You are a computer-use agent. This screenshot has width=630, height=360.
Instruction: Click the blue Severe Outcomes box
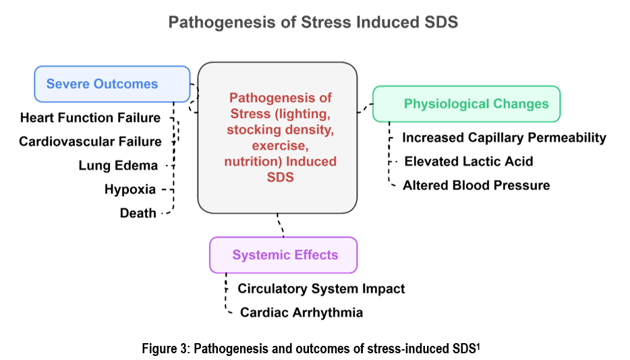(112, 84)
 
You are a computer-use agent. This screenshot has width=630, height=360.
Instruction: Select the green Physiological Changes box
(467, 104)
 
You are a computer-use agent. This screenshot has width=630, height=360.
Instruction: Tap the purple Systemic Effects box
(283, 255)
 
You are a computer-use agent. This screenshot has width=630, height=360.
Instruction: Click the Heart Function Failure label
(90, 118)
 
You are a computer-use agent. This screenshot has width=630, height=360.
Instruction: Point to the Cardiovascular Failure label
(90, 142)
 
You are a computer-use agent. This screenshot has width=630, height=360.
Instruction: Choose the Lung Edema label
(118, 166)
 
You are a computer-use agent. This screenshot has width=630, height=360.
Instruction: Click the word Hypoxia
(130, 189)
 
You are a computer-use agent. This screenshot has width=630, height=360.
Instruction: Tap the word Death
(138, 213)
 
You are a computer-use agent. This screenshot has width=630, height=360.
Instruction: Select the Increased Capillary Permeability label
(505, 138)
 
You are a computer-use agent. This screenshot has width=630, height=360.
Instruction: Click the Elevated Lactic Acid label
(469, 161)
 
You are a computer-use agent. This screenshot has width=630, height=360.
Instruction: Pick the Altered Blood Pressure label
(476, 185)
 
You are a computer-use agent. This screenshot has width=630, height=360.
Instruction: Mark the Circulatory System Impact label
(322, 289)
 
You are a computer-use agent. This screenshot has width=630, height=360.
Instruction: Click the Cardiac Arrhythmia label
(302, 312)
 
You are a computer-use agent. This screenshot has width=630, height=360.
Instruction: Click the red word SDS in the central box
(281, 177)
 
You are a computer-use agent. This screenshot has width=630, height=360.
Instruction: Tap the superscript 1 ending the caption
(478, 346)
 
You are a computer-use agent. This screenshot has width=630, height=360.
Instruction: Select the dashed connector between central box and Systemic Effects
(281, 225)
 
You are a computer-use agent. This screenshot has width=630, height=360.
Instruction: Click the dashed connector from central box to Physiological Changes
(365, 108)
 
